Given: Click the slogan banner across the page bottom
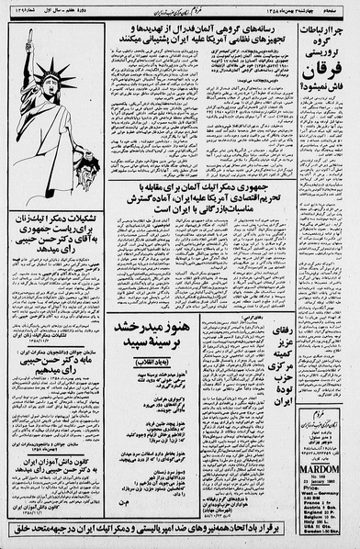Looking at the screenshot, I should coord(180,528).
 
